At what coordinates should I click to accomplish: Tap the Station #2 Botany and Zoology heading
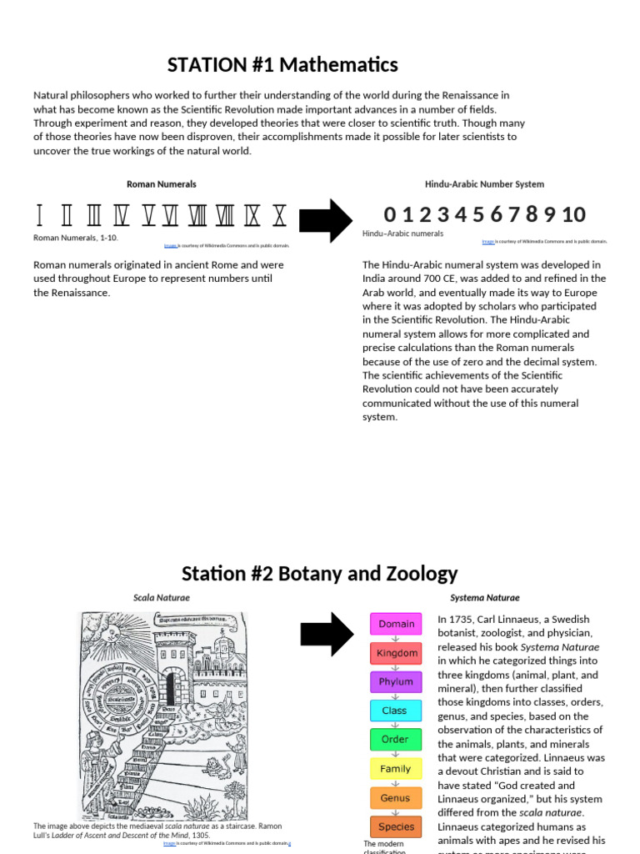[320, 574]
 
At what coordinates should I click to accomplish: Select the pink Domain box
[397, 624]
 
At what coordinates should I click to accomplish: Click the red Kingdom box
[397, 653]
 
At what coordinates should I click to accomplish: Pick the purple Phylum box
[397, 681]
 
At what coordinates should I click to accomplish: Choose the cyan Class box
[395, 711]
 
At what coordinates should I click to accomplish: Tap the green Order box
[395, 739]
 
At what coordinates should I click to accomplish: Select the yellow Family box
[396, 769]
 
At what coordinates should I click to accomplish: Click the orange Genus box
[396, 798]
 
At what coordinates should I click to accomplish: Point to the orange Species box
[396, 827]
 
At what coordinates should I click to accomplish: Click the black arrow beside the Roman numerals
[325, 221]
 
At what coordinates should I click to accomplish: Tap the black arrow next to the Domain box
[327, 634]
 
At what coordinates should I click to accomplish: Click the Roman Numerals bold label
[162, 184]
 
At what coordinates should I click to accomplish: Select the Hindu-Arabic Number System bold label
[484, 184]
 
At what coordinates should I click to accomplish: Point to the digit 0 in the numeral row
[390, 214]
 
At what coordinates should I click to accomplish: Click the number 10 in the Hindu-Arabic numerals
[573, 214]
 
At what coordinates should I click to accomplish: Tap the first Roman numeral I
[39, 216]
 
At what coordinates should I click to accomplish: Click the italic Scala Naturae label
[162, 598]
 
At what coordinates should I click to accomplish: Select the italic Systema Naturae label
[484, 598]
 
